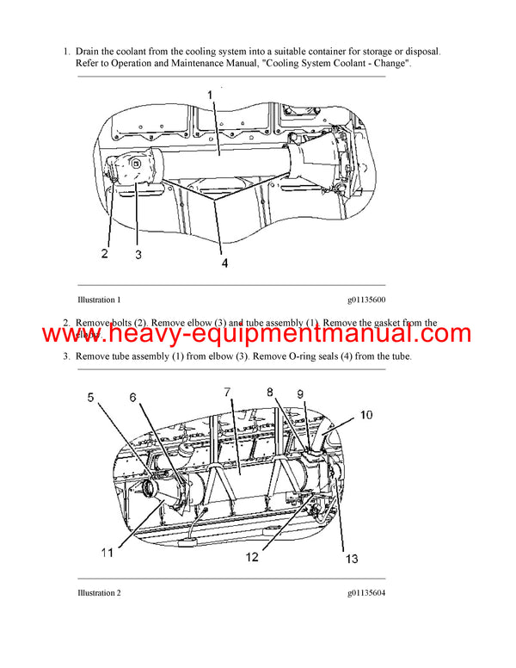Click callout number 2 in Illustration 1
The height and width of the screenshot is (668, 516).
[x=104, y=253]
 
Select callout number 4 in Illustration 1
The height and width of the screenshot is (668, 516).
[x=224, y=263]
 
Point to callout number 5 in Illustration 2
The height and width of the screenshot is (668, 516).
[x=92, y=397]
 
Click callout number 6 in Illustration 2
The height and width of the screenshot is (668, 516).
[x=133, y=397]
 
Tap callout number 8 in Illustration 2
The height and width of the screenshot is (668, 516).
[x=270, y=392]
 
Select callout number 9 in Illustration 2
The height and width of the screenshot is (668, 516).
[x=300, y=395]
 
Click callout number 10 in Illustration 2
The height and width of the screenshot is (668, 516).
[x=365, y=414]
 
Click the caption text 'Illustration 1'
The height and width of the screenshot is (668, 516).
[x=99, y=300]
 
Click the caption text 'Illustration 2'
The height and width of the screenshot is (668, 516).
[x=99, y=593]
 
